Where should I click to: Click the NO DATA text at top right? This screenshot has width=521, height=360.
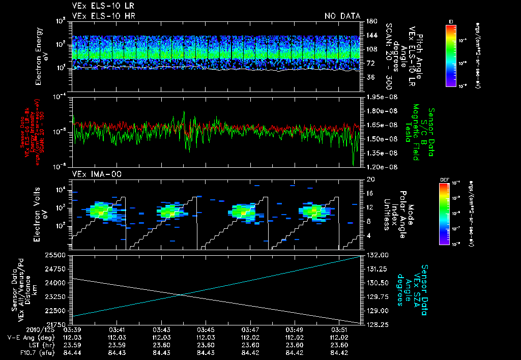[342, 16]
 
